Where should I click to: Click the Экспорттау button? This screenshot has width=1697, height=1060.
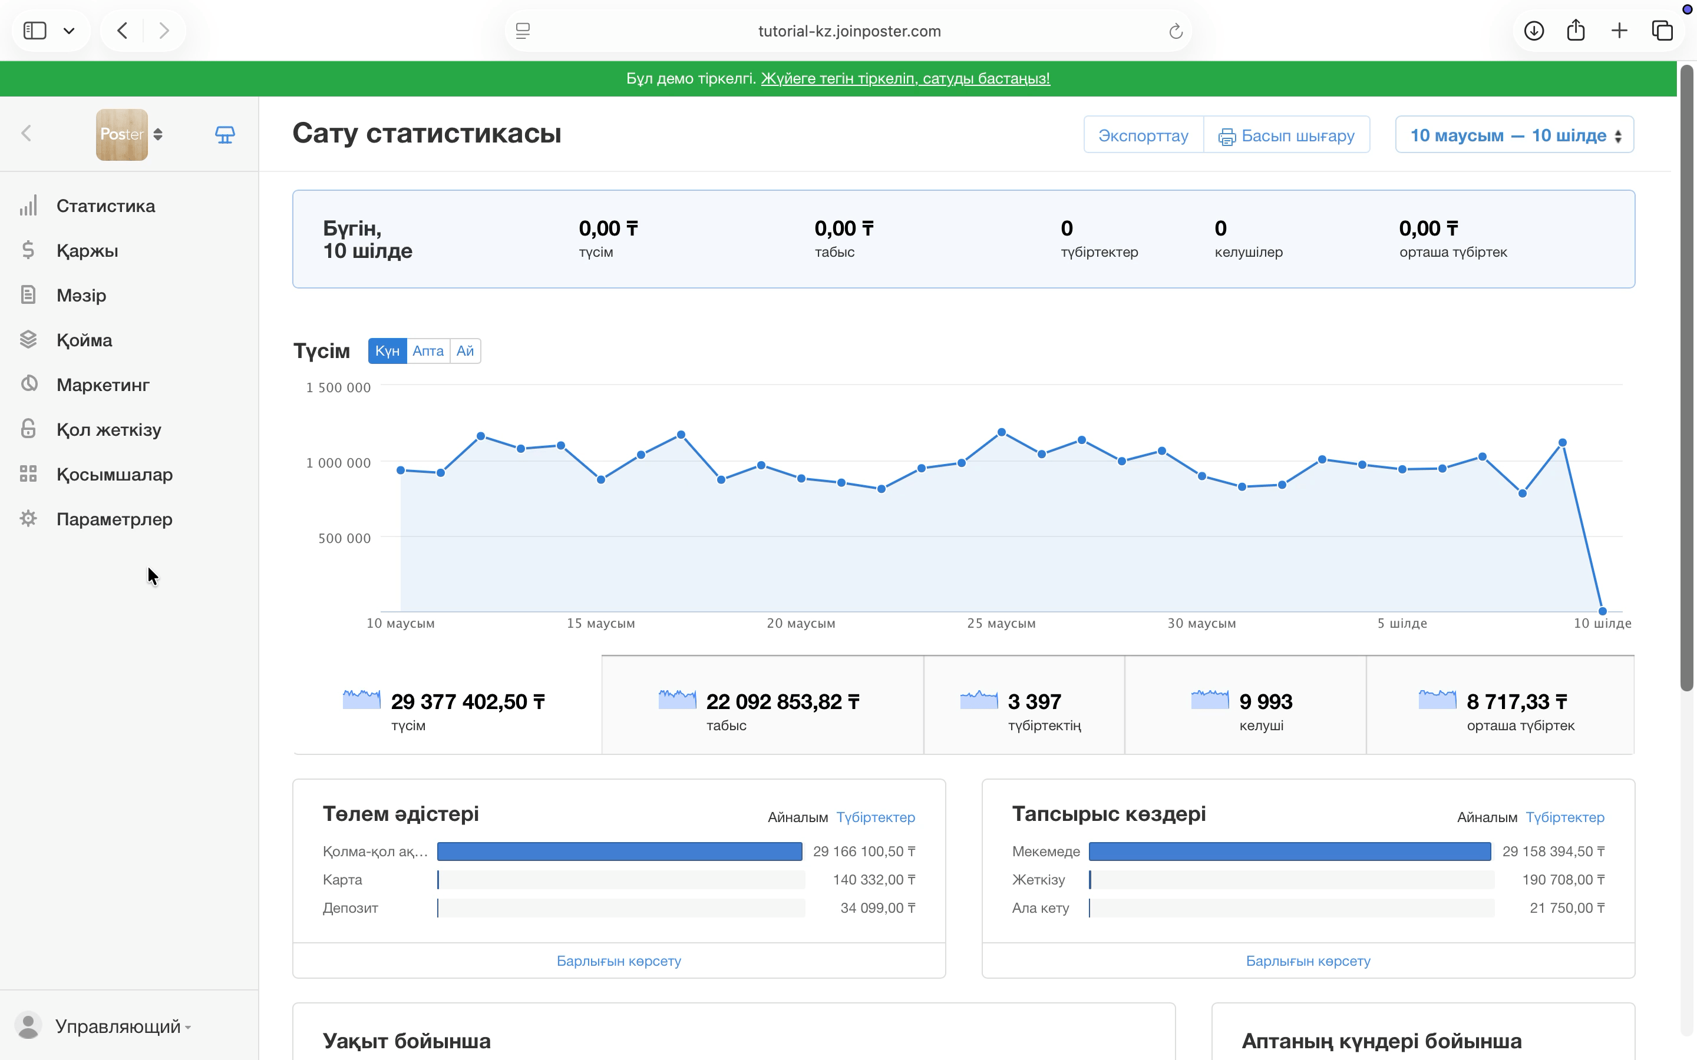1143,135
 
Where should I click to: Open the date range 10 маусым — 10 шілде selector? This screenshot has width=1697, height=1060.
1515,135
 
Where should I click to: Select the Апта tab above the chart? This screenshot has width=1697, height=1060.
428,350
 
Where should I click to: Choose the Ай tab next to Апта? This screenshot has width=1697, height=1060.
465,350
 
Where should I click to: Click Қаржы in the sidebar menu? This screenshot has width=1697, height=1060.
87,250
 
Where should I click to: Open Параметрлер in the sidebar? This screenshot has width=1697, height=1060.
114,519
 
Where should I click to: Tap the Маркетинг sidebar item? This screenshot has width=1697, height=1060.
103,385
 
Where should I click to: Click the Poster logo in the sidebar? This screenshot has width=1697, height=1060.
122,134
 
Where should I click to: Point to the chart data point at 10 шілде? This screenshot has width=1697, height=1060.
1602,611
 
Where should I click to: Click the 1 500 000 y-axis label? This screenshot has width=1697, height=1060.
338,387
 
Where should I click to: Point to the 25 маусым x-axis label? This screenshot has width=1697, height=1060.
1001,623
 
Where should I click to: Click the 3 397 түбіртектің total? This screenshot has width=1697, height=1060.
1034,702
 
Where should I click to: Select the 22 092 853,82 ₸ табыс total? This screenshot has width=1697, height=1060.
783,702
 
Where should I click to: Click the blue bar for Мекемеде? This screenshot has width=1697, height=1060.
1290,851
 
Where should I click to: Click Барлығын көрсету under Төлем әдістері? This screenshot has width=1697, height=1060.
619,960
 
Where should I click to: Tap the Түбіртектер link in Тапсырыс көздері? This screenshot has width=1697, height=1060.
1564,817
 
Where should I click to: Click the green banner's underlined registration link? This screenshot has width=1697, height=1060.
905,78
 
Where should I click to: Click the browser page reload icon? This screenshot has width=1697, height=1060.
1176,31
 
